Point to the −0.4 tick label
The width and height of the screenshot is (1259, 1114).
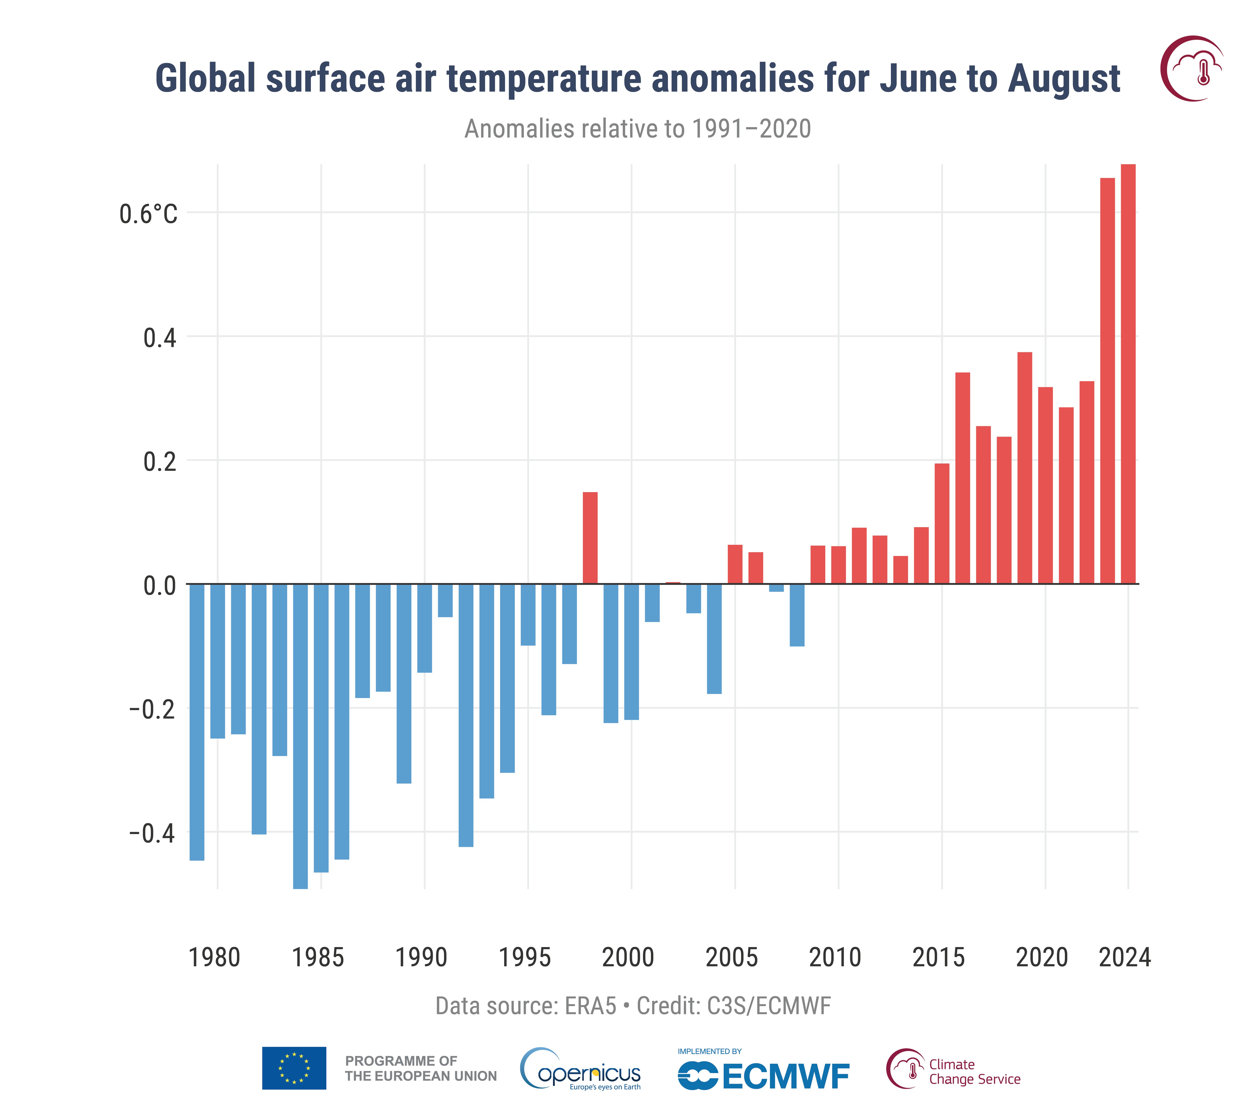(x=152, y=833)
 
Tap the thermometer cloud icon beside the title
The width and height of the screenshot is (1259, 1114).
(x=1193, y=68)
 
